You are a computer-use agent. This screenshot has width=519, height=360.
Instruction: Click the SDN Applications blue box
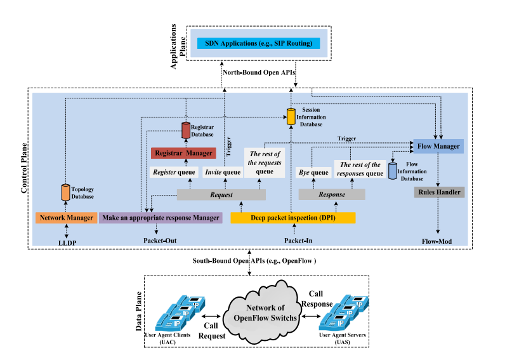258,43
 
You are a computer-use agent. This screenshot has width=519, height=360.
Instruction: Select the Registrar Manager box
183,153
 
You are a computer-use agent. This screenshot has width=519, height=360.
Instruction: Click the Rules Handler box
439,192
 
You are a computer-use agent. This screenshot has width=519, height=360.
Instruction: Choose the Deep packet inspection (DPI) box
292,218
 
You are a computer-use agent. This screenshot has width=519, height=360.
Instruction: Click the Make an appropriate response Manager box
161,218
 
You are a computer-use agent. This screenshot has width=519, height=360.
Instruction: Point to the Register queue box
174,172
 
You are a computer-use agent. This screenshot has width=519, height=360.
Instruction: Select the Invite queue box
223,172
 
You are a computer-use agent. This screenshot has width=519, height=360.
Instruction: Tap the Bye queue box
313,172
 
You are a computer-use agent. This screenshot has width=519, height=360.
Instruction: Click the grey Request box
221,194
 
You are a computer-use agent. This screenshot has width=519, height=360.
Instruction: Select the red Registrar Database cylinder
187,130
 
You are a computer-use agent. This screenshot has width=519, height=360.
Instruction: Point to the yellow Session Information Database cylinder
291,116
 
